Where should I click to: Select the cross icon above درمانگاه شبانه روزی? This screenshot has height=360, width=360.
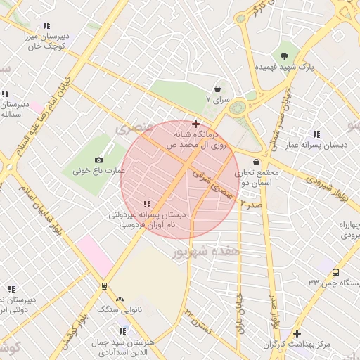coord(195,124)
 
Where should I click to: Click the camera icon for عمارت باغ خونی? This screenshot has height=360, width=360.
coord(98,160)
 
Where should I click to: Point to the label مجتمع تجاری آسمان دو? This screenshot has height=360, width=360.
coord(259,177)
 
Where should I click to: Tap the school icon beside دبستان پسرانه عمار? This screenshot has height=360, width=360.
coord(316,134)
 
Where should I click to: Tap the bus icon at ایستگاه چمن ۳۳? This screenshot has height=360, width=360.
coord(335,272)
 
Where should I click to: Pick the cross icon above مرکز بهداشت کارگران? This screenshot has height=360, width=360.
coord(297,333)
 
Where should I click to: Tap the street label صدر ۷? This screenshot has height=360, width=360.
coord(251,203)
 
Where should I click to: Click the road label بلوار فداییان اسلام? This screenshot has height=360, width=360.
coord(46,211)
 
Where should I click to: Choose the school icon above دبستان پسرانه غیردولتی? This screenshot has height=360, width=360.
coord(146,204)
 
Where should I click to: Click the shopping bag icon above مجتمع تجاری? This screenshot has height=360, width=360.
coord(256,162)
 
